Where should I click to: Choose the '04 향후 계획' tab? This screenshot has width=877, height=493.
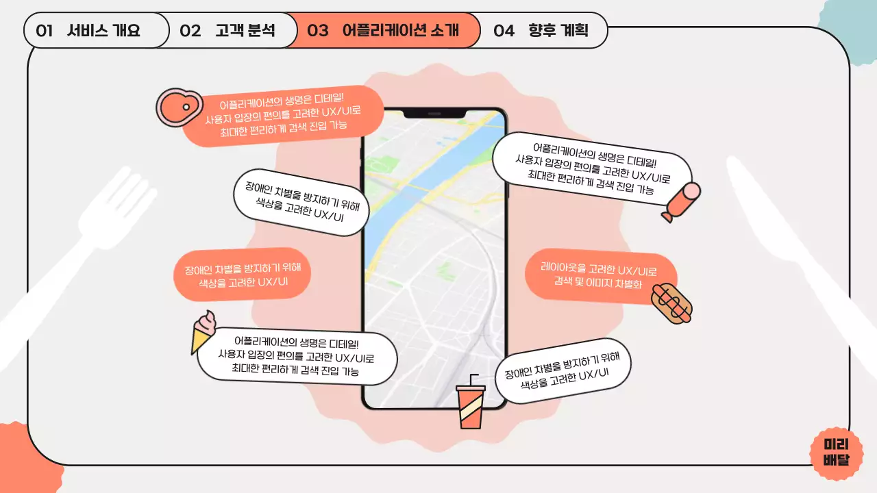[541, 31]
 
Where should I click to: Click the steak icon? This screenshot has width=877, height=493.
[177, 108]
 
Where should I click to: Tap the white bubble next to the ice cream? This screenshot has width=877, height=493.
[297, 356]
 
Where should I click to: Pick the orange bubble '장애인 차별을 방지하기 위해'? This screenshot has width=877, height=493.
[243, 275]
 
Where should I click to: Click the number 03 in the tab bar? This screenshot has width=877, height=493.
[318, 31]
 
